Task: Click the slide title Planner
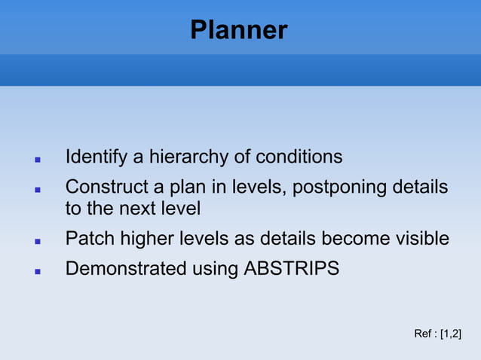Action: pos(238,30)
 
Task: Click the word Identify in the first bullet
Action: pos(96,157)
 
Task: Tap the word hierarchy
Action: pos(185,157)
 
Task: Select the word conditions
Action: pos(299,157)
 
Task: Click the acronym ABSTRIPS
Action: pos(292,267)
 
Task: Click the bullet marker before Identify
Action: pos(37,160)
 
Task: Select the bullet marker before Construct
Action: pos(37,188)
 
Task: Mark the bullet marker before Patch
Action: pos(37,241)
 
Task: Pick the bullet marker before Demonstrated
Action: pos(37,270)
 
